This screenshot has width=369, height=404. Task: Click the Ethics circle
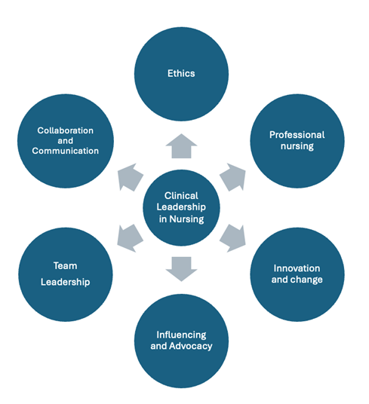(181, 74)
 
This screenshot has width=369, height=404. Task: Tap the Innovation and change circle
(297, 274)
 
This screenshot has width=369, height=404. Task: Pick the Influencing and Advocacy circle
(181, 341)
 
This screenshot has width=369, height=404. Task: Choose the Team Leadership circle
(66, 274)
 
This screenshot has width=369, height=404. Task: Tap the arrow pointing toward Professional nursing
(233, 178)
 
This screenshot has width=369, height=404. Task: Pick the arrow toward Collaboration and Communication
(129, 178)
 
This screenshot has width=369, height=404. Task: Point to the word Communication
(66, 151)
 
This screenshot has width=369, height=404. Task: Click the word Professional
(297, 135)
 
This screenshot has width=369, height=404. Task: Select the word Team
(66, 265)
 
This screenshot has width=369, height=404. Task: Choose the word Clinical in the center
(181, 194)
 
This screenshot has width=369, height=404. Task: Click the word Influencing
(181, 334)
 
